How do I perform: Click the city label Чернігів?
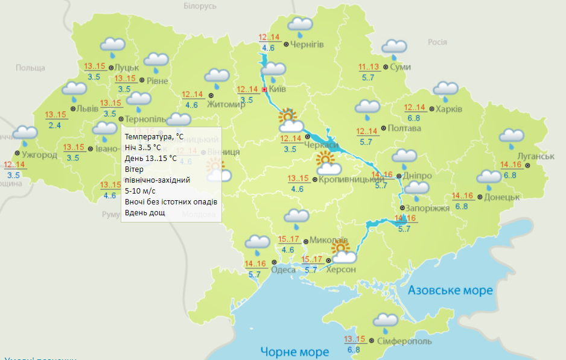click(307, 45)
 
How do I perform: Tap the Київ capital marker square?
click(264, 90)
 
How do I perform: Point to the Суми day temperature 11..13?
click(369, 67)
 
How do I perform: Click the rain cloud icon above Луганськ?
click(511, 138)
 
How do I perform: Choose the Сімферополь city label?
click(404, 341)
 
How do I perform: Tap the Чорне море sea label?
click(294, 352)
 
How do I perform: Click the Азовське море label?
click(450, 291)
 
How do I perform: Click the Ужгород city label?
click(39, 155)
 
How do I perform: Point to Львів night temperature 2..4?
click(55, 125)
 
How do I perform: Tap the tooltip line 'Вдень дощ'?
click(144, 213)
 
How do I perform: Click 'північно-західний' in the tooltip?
click(157, 180)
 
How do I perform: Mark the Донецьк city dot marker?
click(480, 197)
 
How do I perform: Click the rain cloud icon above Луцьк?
click(112, 46)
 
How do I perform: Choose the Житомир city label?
click(226, 104)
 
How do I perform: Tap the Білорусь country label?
click(199, 6)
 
